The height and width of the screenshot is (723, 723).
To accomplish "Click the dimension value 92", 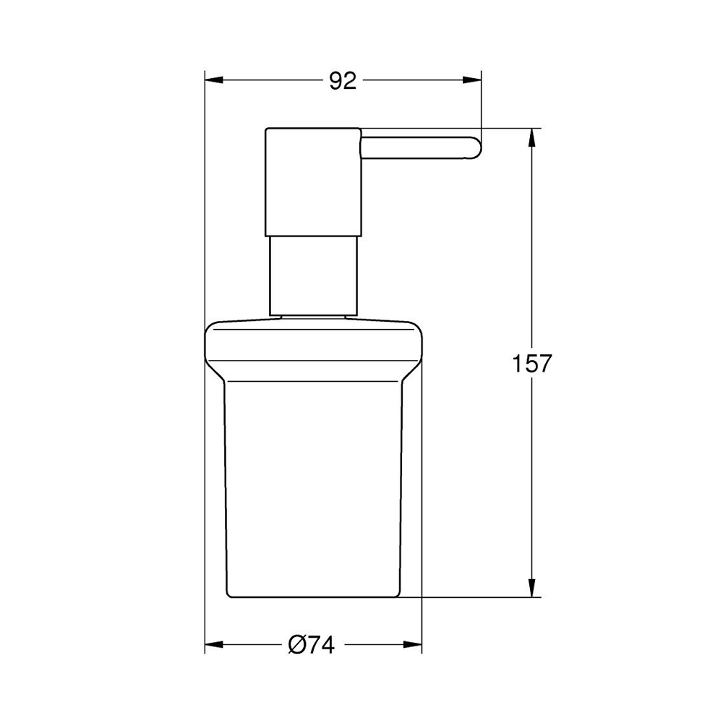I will click(343, 81).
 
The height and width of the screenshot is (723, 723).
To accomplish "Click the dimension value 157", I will click(532, 363).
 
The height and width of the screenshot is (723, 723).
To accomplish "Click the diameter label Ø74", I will click(312, 643).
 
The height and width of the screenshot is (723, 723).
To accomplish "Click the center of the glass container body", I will click(313, 484).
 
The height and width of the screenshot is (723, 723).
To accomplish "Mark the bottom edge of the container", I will click(313, 597).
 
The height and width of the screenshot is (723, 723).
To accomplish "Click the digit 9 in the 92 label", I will click(335, 81).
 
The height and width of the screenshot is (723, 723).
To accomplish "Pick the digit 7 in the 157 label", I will click(545, 363).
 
